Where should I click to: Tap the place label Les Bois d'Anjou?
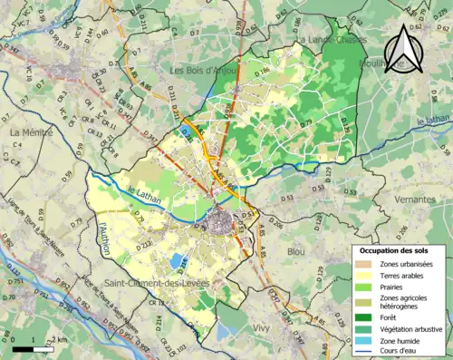point(205,69)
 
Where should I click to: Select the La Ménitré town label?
point(28,132)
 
